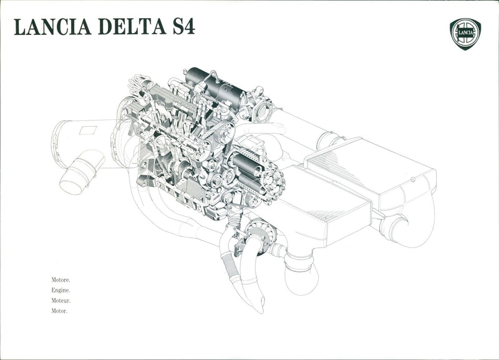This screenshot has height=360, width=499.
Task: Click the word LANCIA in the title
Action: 53,27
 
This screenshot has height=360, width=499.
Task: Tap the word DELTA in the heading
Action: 132,27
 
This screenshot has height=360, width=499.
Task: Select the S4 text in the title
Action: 183,27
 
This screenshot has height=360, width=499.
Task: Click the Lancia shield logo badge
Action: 465,34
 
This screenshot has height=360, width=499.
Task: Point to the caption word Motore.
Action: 61,280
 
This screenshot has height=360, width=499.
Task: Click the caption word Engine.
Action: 61,290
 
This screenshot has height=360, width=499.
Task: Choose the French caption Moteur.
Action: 61,301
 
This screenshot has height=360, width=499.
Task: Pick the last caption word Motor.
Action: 59,311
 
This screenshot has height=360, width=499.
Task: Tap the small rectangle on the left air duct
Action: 88,130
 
